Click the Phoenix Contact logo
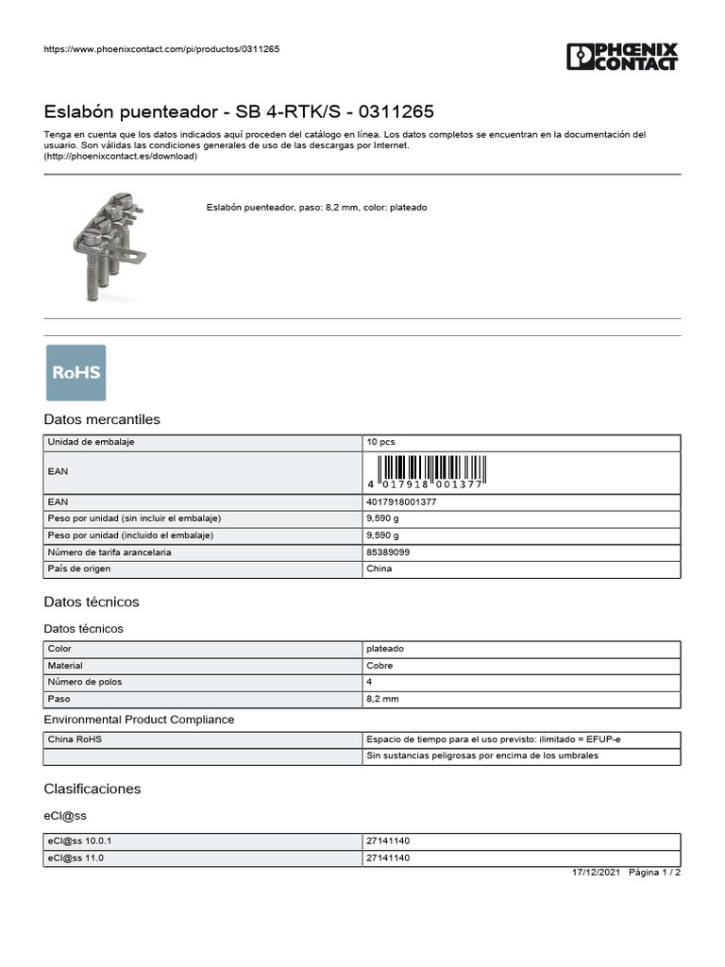tap(622, 57)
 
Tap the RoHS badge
tap(76, 372)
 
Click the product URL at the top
tap(161, 49)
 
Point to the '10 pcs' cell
tap(380, 442)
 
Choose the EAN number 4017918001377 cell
tap(401, 502)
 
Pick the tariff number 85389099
tap(388, 552)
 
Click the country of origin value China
tap(379, 568)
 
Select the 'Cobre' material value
tap(380, 666)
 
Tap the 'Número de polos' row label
tap(85, 682)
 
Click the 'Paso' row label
tap(59, 699)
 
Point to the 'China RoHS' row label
tap(75, 739)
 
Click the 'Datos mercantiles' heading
tap(102, 419)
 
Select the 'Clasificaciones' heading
tap(93, 789)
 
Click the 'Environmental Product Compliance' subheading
tap(139, 720)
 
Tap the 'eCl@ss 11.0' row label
tap(76, 858)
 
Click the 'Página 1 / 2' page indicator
tap(654, 873)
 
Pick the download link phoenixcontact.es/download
tap(121, 157)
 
